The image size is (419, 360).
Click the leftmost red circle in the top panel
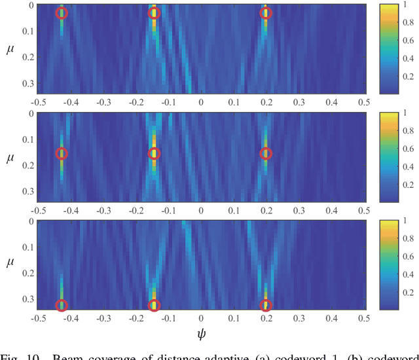click(x=62, y=13)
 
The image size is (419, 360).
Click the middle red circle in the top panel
click(x=155, y=13)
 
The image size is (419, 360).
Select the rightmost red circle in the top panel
click(x=266, y=13)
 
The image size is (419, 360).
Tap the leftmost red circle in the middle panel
click(x=62, y=154)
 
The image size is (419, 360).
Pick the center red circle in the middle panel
click(x=155, y=154)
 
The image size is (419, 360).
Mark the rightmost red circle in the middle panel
click(x=266, y=154)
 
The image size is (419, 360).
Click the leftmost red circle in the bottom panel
click(x=62, y=305)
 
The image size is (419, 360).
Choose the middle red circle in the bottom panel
click(x=155, y=305)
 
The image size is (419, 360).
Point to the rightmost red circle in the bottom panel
click(x=266, y=305)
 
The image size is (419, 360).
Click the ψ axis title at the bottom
click(x=202, y=334)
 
